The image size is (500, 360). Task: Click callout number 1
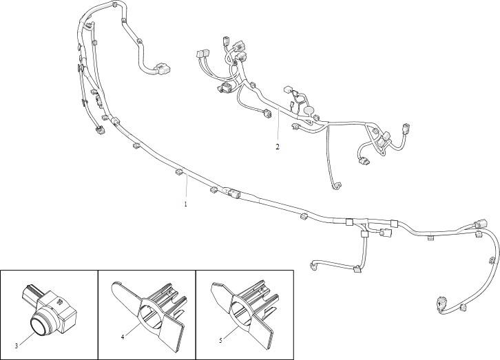pyautogui.click(x=185, y=204)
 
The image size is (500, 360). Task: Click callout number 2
pyautogui.click(x=278, y=147)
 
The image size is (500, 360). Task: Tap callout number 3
pyautogui.click(x=17, y=346)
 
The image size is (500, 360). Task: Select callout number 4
pyautogui.click(x=123, y=337)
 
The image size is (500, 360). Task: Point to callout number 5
pyautogui.click(x=220, y=340)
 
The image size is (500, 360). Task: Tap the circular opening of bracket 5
pyautogui.click(x=243, y=313)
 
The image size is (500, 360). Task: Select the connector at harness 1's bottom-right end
pyautogui.click(x=441, y=304)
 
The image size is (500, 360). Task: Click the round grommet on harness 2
pyautogui.click(x=309, y=111)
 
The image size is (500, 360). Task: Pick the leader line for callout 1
pyautogui.click(x=187, y=188)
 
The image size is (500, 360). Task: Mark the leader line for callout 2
pyautogui.click(x=278, y=126)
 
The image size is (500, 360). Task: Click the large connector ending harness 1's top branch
pyautogui.click(x=162, y=70)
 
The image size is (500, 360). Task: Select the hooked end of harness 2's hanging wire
pyautogui.click(x=336, y=186)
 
